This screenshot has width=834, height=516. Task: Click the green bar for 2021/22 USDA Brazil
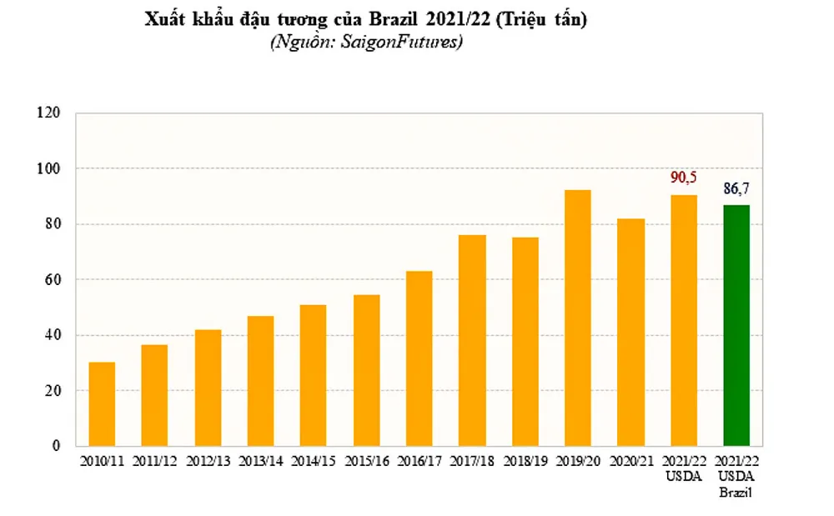pos(736,325)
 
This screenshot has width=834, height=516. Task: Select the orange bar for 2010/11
pos(102,403)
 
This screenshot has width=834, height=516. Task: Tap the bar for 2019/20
pos(577,318)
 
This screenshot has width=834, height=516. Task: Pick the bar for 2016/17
pos(419,358)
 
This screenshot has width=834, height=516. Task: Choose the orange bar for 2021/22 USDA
pos(683,320)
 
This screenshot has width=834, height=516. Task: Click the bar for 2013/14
pos(260,380)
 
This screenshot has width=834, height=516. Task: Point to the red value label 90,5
pos(684,178)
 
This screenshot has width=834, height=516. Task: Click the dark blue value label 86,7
pos(736,189)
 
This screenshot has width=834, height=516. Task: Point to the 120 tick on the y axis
pos(49,113)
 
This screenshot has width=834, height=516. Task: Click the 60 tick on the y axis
pos(53,279)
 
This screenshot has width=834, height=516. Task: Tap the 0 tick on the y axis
pos(57,446)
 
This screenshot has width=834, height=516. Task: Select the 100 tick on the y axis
pos(49,168)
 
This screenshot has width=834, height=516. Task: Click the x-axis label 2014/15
pos(313,461)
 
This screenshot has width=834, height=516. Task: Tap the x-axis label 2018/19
pos(525,461)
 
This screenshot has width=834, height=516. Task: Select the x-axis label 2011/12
pos(154,461)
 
